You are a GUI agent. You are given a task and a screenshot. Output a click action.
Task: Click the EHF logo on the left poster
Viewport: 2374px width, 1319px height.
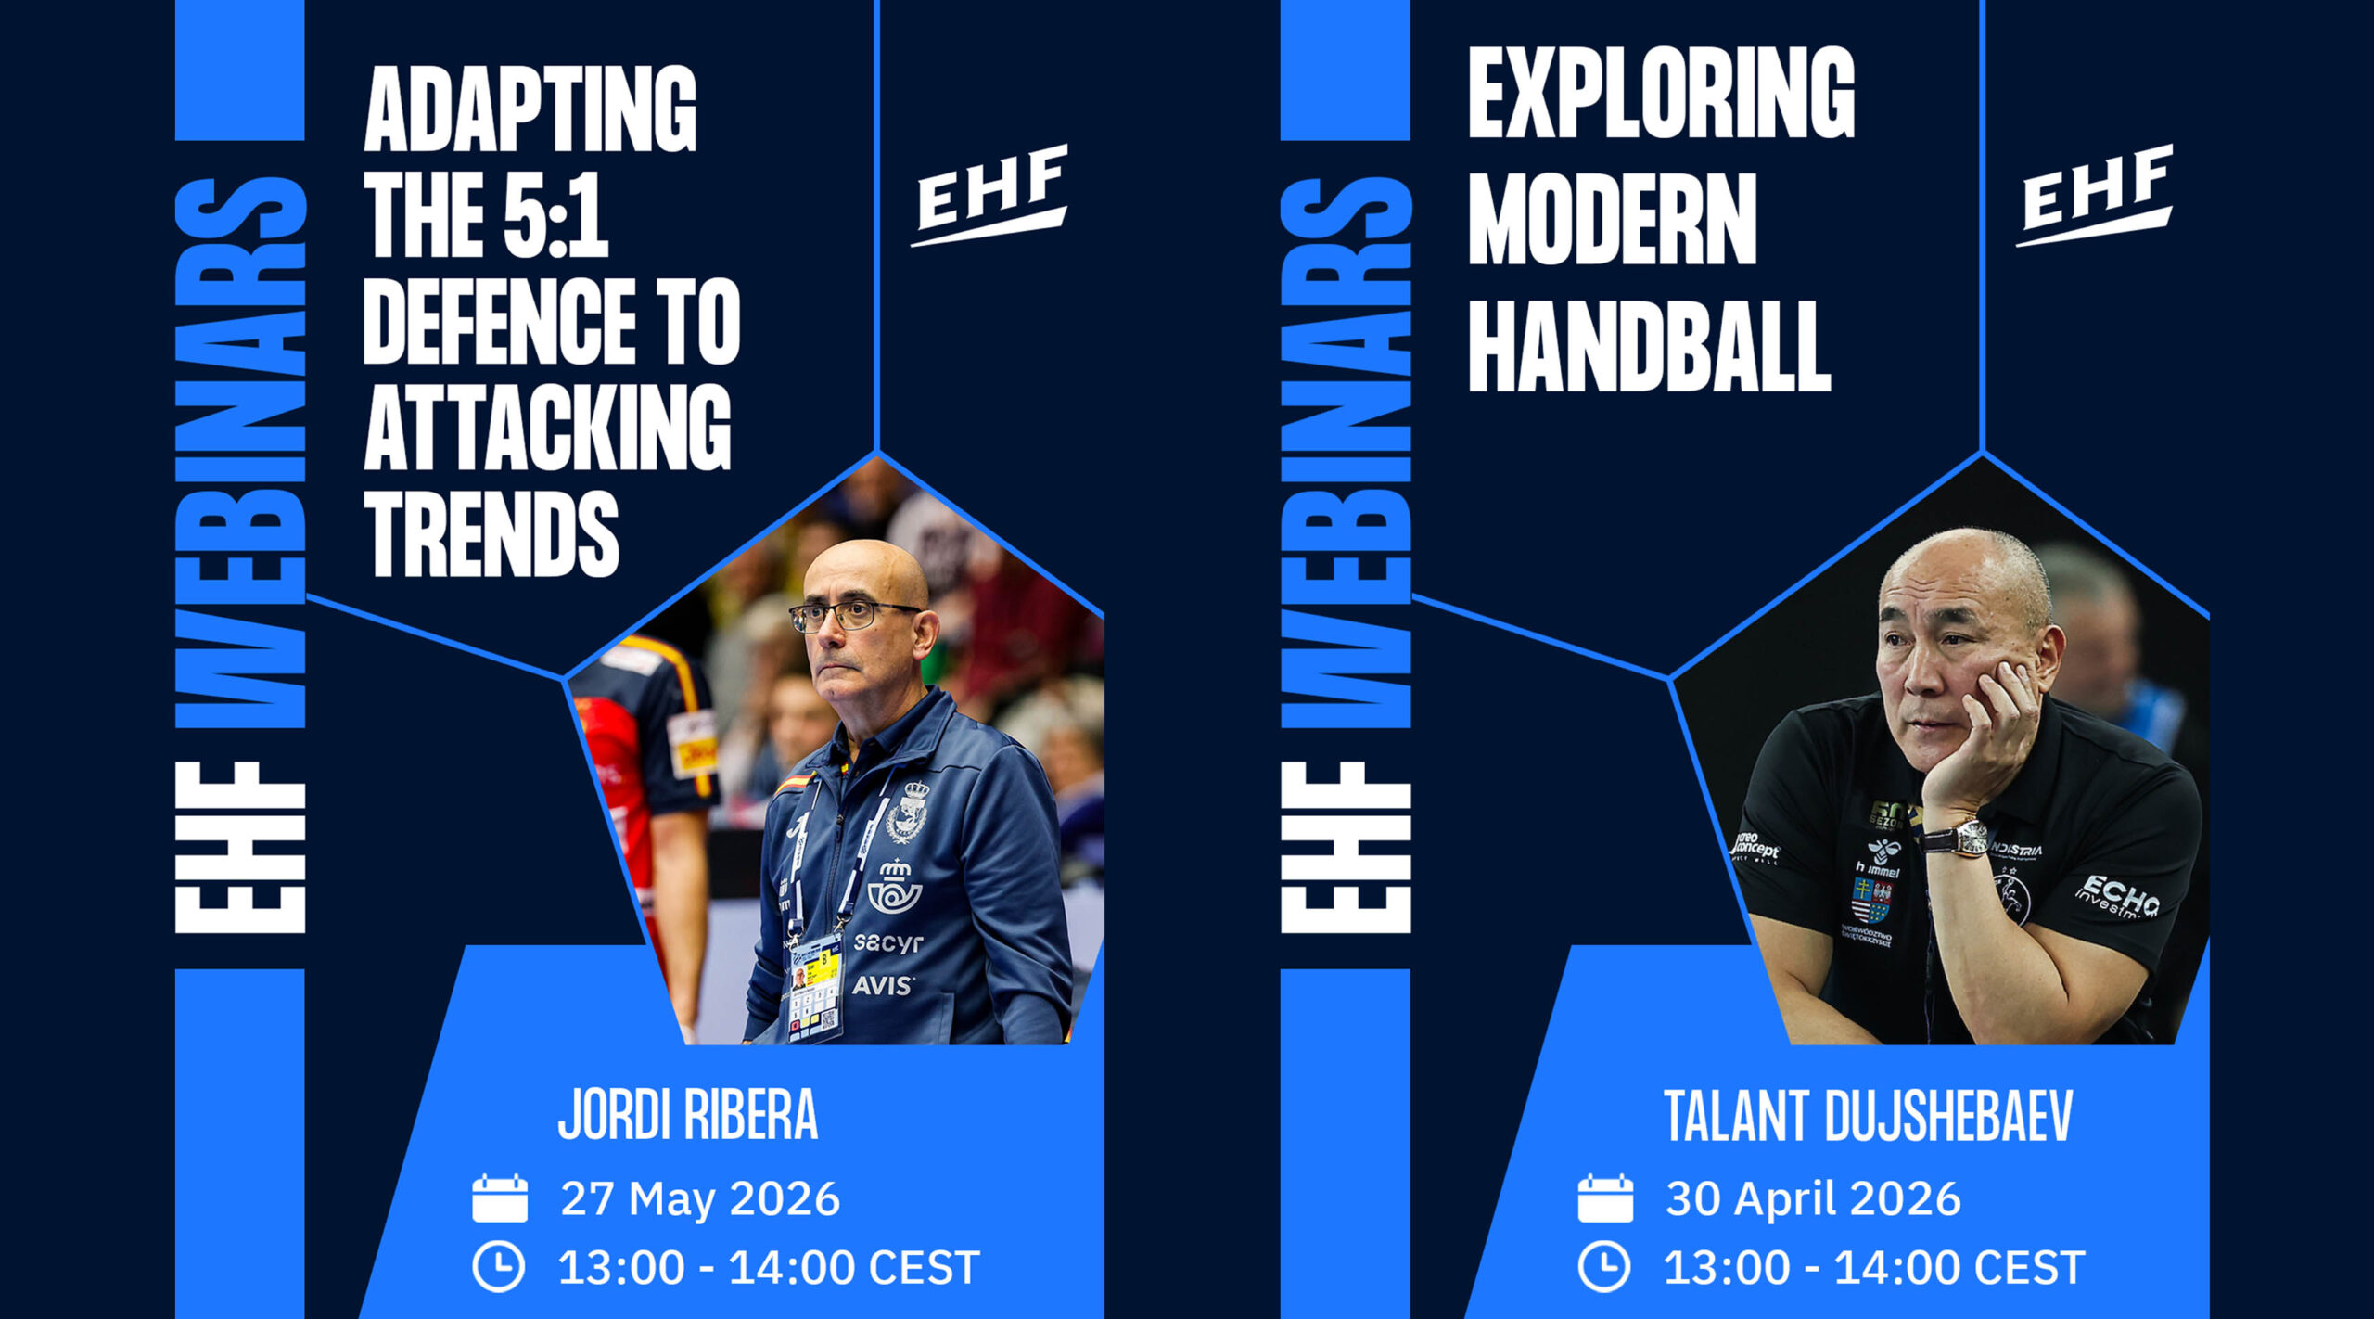coord(989,196)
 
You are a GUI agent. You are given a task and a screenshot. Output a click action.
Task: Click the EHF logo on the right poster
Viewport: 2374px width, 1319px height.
coord(2094,196)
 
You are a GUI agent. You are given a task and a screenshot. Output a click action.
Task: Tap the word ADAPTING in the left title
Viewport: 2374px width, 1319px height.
coord(530,109)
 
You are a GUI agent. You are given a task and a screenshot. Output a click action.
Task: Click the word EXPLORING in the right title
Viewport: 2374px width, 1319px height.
coord(1661,94)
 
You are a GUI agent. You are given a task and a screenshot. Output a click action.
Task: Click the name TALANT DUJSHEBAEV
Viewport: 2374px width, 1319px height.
coord(1868,1116)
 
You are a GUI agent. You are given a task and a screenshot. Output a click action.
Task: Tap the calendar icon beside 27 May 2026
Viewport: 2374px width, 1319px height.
coord(500,1198)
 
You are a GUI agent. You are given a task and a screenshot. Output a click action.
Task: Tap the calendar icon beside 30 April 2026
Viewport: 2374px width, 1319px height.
coord(1605,1198)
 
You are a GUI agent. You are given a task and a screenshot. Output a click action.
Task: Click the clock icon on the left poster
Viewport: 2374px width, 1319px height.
coord(499,1267)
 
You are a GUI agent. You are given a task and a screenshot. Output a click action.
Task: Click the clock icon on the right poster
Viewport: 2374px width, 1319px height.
coord(1604,1267)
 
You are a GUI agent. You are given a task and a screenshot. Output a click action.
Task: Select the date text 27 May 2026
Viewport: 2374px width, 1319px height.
coord(700,1198)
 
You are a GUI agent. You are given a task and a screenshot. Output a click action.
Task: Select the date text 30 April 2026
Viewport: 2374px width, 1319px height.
coord(1814,1198)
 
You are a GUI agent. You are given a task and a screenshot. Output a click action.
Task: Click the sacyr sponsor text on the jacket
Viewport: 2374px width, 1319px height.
coord(888,942)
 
